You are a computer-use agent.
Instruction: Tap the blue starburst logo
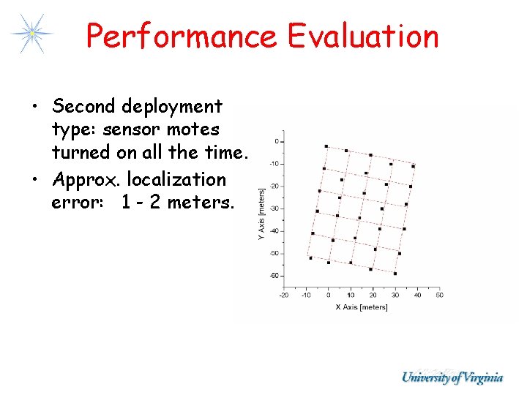coord(31,33)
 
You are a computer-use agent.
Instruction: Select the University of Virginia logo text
coord(452,377)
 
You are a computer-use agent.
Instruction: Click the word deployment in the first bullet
coord(172,107)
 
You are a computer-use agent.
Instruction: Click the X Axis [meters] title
coord(361,307)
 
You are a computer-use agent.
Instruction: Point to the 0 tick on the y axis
coord(276,140)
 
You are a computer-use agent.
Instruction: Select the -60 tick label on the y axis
coord(274,276)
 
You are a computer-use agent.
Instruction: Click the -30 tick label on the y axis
coord(274,208)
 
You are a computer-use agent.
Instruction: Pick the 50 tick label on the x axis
coord(439,295)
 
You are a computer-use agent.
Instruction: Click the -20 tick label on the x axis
coord(283,295)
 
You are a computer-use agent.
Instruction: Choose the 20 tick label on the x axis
coord(373,295)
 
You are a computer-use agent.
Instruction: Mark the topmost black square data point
coord(326,146)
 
